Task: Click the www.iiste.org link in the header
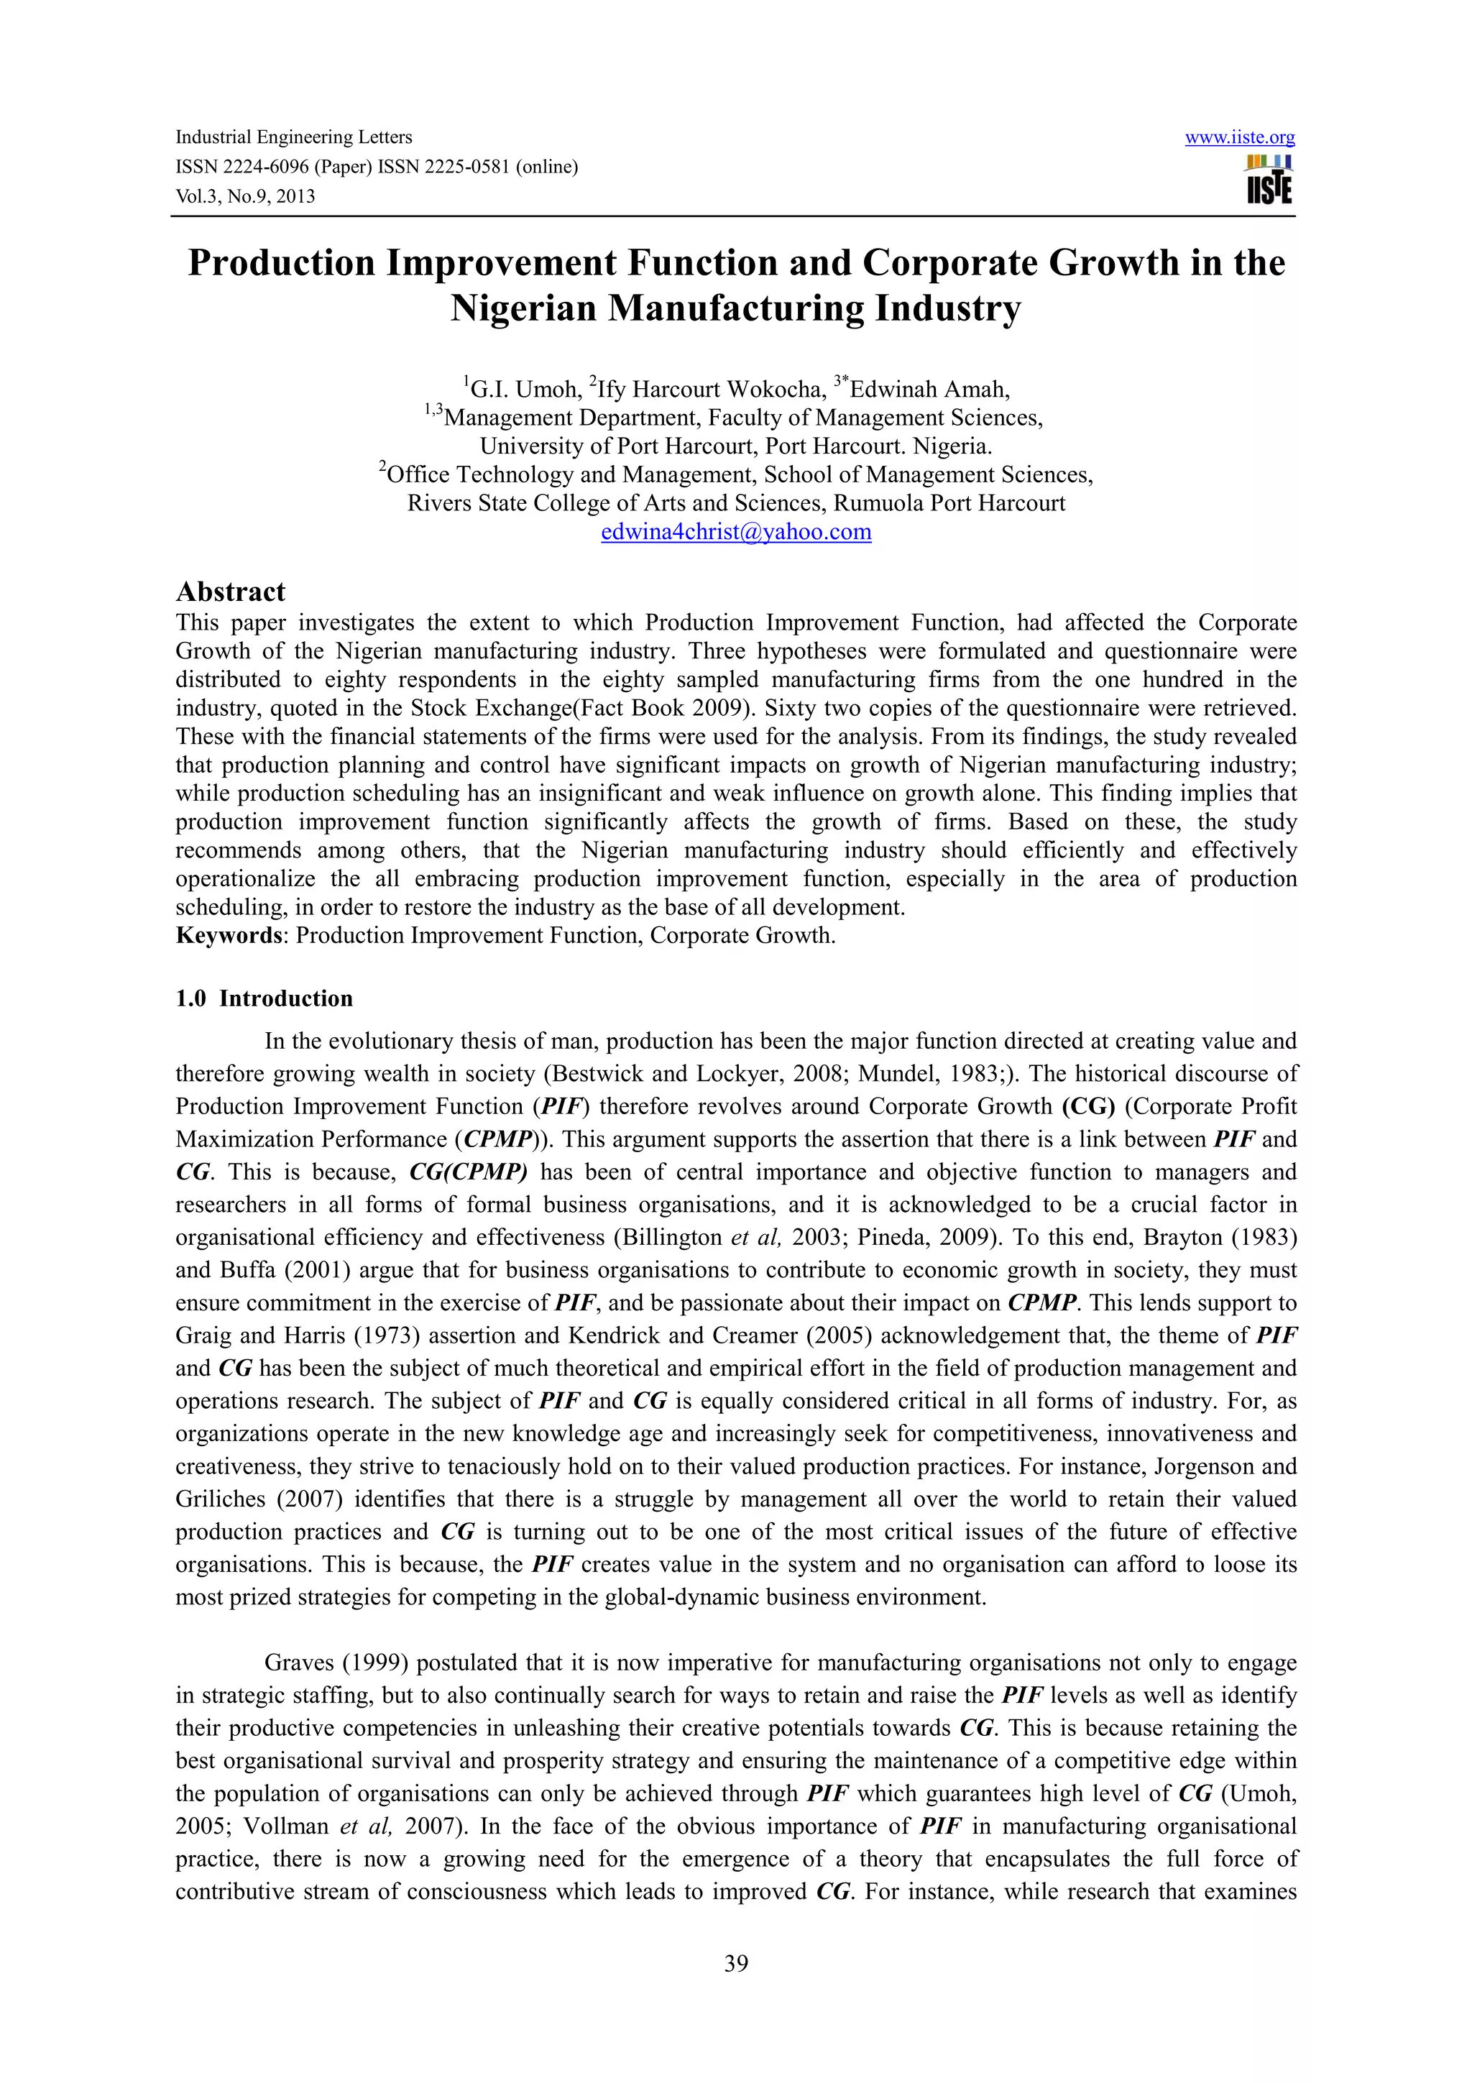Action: click(x=1239, y=138)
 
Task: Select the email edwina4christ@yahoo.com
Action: click(x=735, y=533)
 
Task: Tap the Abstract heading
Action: click(x=231, y=592)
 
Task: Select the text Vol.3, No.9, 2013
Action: click(x=245, y=196)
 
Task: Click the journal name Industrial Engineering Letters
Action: click(x=293, y=138)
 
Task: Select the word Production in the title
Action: click(x=281, y=263)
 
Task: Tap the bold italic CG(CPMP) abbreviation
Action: click(x=468, y=1172)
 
